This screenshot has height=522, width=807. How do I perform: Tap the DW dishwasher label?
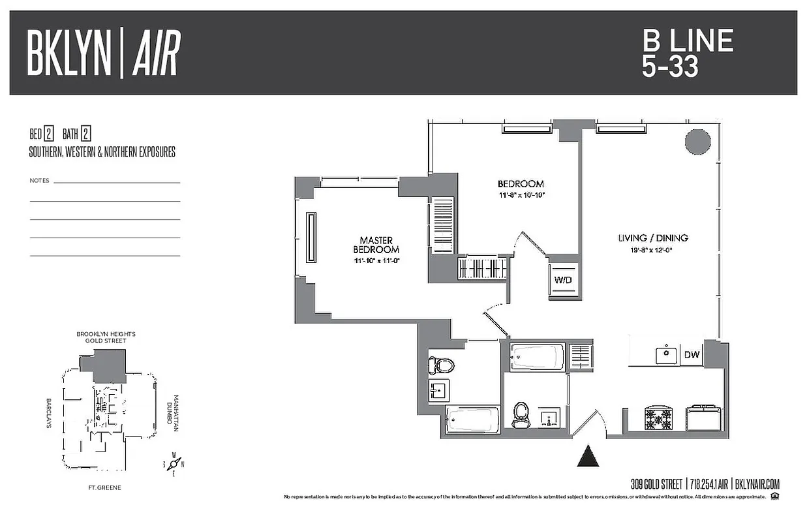692,356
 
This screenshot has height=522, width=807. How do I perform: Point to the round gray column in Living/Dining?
697,141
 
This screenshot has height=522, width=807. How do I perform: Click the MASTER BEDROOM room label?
376,245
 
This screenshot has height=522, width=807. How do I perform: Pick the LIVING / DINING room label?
652,238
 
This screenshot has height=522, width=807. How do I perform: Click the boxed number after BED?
49,135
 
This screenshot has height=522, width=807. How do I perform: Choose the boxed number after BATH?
85,135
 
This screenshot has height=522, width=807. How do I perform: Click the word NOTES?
39,180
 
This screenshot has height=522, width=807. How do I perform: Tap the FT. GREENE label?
105,487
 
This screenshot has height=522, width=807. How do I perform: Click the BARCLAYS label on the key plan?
49,412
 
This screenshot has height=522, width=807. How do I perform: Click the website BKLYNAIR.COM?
757,484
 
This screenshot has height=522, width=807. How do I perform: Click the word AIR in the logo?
156,54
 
